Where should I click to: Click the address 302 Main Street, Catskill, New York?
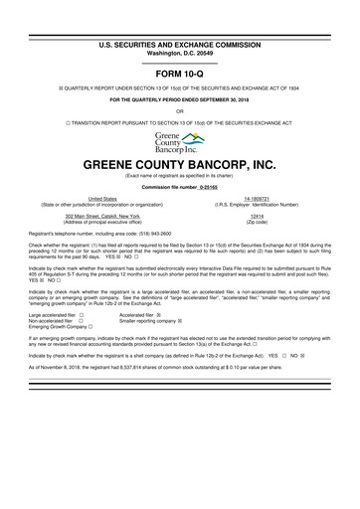[x=101, y=215]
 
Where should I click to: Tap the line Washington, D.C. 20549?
[x=179, y=27]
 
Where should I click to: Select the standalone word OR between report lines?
[x=179, y=111]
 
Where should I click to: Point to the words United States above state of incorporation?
[x=101, y=199]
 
